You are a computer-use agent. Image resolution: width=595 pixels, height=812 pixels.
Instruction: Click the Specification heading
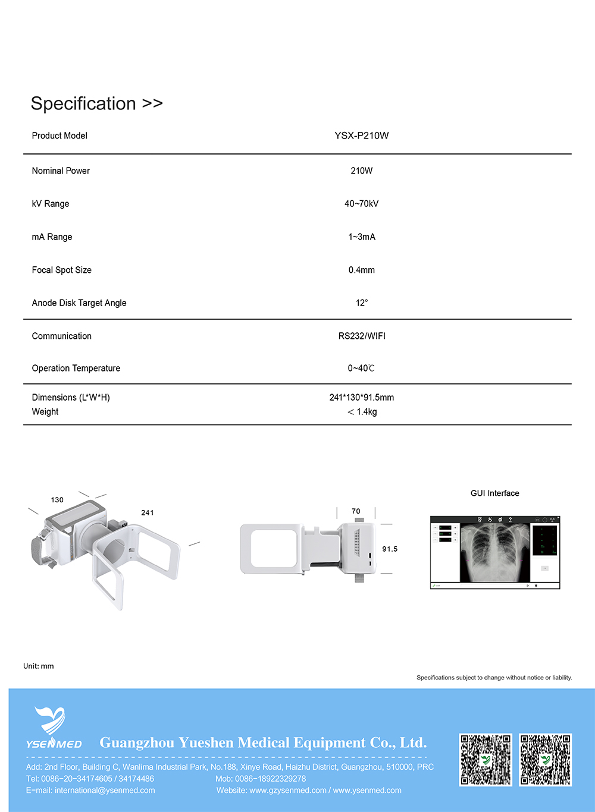[96, 103]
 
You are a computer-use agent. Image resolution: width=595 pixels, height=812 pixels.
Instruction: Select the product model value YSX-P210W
[361, 136]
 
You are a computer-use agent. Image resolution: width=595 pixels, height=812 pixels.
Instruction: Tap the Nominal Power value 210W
[361, 171]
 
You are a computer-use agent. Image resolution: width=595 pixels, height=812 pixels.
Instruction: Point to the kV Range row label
[51, 204]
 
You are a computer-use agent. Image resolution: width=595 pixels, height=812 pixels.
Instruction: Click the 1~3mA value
[362, 237]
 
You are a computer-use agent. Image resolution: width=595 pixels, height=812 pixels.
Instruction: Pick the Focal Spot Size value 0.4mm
[362, 270]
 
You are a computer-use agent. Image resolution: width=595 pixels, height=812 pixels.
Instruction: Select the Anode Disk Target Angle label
[79, 303]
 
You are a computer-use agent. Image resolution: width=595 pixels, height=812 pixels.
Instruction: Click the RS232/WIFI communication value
[362, 336]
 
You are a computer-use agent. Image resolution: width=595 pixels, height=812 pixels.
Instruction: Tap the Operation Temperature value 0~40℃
[361, 369]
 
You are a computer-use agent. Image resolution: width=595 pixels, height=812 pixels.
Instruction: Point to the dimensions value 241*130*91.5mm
[361, 397]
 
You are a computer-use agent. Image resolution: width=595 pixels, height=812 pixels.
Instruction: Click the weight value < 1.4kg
[362, 412]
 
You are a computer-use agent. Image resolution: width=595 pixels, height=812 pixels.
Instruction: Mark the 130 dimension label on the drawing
[57, 500]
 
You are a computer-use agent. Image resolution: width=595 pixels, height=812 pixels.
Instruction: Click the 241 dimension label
[148, 512]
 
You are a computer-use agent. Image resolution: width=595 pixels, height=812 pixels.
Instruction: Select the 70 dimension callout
[356, 511]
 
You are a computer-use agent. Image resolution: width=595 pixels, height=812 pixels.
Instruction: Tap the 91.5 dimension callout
[390, 549]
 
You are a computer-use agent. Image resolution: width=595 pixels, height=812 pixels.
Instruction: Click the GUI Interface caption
[494, 493]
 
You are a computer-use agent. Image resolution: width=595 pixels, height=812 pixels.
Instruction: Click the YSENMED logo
[54, 728]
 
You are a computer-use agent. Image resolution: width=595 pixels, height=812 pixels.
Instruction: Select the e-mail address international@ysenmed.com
[105, 791]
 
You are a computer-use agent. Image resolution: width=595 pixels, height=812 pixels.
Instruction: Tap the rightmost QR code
[546, 760]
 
